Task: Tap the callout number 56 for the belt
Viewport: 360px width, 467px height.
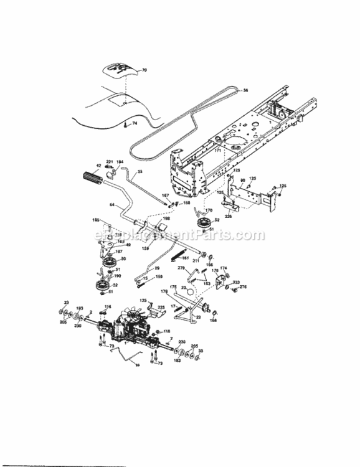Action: pos(245,90)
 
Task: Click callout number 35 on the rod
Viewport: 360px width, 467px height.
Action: pos(140,172)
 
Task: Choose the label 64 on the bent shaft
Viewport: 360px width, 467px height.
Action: pos(111,205)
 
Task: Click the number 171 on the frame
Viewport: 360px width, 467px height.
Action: pos(217,151)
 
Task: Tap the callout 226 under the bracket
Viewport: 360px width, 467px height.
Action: pos(229,216)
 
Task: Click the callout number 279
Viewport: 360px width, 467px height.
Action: pos(181,267)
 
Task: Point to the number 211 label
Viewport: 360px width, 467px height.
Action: pos(195,260)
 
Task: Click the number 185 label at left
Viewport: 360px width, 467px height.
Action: pos(96,220)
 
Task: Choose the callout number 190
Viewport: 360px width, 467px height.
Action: pos(117,275)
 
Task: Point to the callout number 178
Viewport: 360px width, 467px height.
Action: pos(165,291)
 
